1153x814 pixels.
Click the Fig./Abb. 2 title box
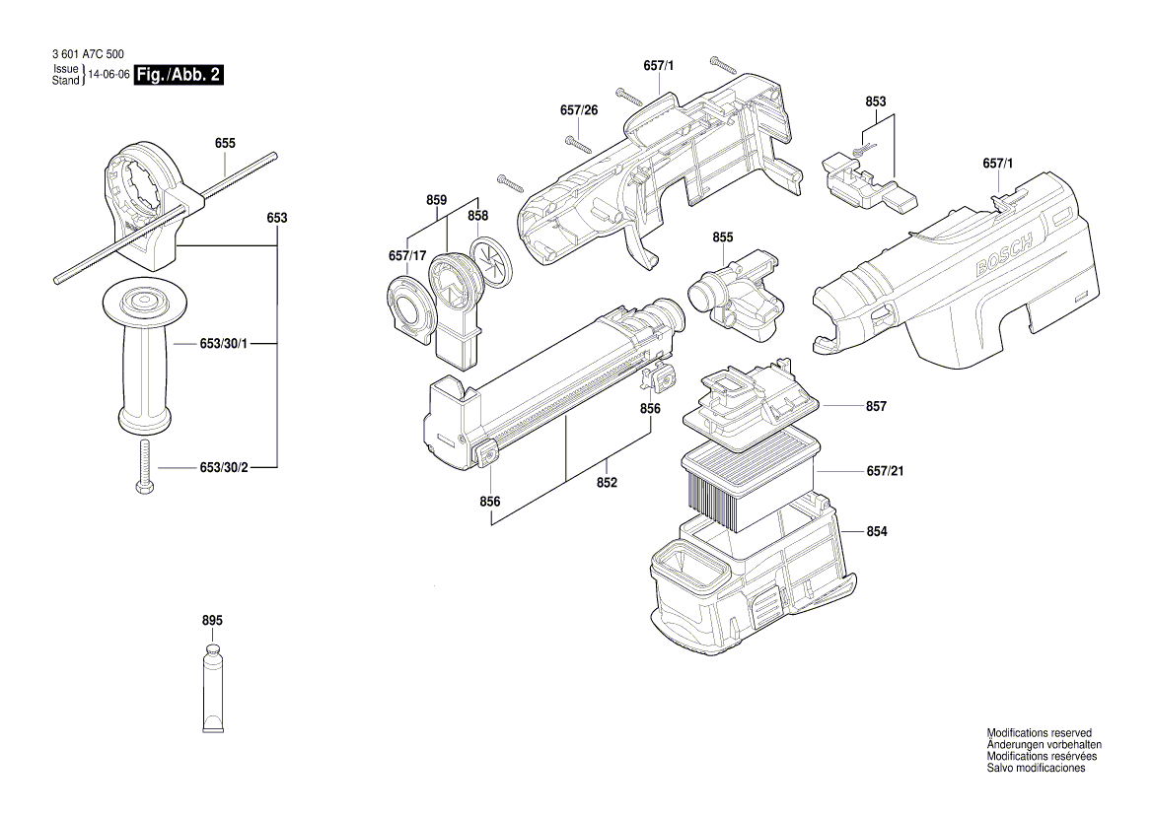click(x=179, y=75)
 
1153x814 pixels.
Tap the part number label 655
click(x=225, y=143)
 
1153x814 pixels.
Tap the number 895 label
click(x=212, y=621)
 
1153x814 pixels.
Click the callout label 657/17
click(x=406, y=256)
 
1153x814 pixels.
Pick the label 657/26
click(x=579, y=109)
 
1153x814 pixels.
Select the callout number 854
click(x=877, y=532)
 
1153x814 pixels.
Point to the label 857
click(x=876, y=406)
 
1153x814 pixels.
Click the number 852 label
click(x=607, y=482)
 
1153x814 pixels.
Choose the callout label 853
click(x=876, y=102)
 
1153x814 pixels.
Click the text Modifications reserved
click(x=1039, y=733)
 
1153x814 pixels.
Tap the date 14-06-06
click(x=108, y=75)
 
